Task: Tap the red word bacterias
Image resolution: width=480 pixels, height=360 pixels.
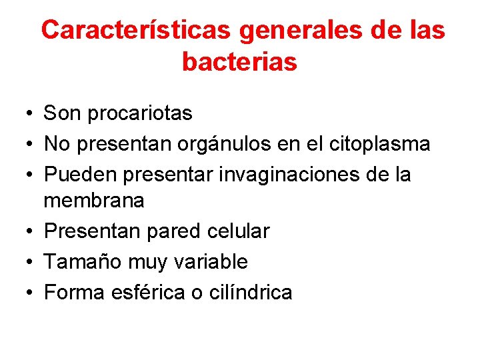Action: coord(239,62)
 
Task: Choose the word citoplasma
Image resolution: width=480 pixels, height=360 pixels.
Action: coord(377,143)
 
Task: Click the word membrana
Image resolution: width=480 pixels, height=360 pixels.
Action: coord(94,200)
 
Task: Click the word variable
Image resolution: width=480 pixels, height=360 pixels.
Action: coord(210,262)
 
